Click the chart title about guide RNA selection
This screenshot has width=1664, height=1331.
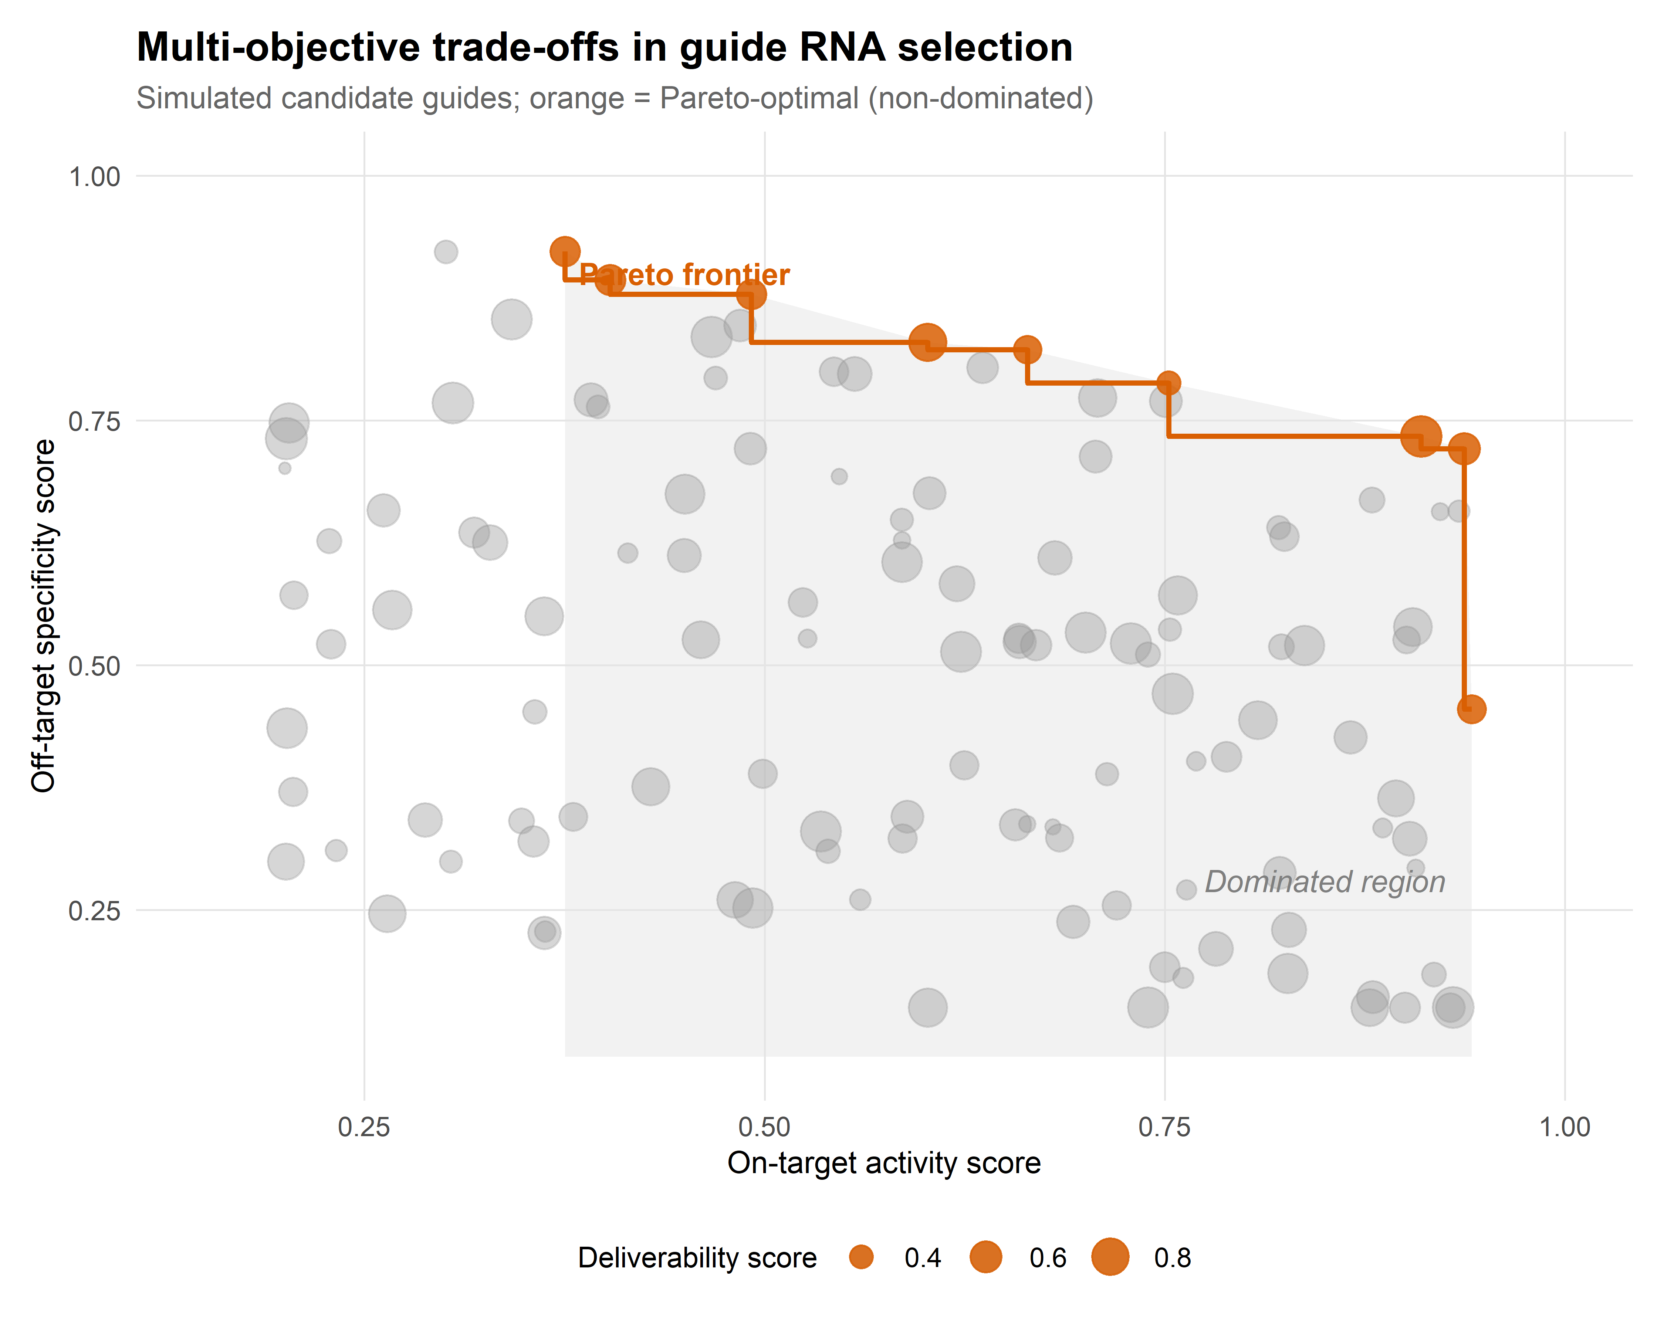click(604, 48)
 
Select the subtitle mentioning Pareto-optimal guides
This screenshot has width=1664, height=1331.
click(614, 99)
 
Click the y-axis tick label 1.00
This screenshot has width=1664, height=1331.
click(95, 177)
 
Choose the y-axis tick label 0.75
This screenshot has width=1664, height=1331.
click(95, 421)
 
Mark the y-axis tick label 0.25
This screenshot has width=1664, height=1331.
click(95, 911)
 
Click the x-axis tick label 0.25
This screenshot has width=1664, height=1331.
click(364, 1127)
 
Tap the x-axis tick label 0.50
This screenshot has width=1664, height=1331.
click(764, 1127)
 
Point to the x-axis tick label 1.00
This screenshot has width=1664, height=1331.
click(1565, 1127)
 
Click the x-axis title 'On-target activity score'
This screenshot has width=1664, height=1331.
click(884, 1163)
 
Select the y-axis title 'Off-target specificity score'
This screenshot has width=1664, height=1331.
click(44, 616)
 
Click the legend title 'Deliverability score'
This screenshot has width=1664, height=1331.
click(697, 1258)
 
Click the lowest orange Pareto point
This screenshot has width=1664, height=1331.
click(1471, 709)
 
